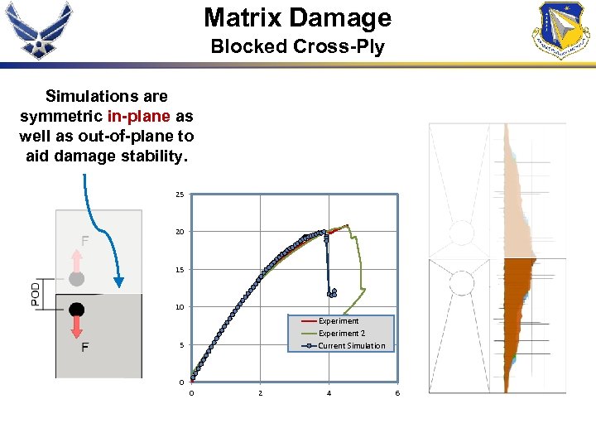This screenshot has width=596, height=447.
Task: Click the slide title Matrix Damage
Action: coord(297,17)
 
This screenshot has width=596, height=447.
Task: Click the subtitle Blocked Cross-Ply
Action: coord(297,46)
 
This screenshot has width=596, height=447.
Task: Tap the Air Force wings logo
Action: coord(39,30)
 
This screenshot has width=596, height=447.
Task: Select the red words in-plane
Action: coord(137,116)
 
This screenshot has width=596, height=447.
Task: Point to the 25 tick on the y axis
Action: coord(180,195)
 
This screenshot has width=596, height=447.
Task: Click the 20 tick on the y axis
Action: coord(180,233)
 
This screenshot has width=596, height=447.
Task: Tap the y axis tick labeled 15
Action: coord(180,270)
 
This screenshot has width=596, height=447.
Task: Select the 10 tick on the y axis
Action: coord(180,307)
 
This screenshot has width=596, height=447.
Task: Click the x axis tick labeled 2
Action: coord(261,393)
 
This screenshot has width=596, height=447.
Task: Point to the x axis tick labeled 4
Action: coord(329,393)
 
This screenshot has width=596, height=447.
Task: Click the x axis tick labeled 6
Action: coord(397,393)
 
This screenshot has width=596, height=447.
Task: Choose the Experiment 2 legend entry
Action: coord(341,334)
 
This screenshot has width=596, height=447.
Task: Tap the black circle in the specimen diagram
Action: coord(77,310)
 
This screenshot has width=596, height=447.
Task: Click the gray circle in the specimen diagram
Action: coord(77,279)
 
